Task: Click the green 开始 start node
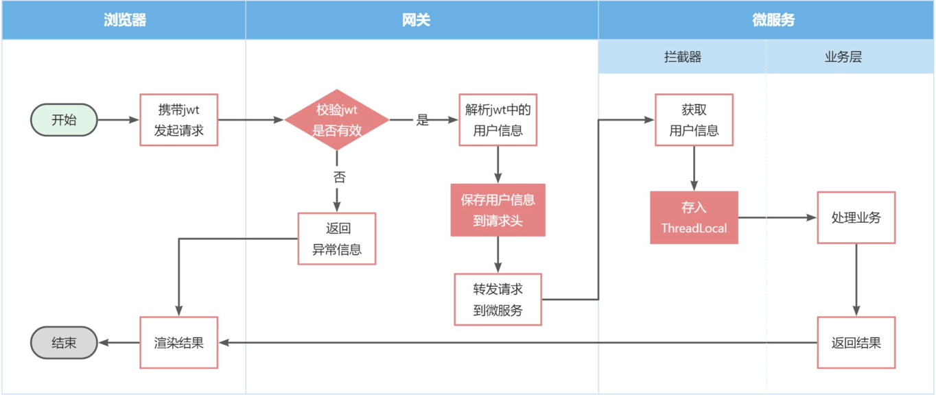tap(64, 120)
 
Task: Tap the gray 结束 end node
tap(64, 342)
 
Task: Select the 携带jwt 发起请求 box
tap(178, 120)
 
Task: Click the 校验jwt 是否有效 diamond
tap(336, 120)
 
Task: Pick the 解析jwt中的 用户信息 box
tap(498, 120)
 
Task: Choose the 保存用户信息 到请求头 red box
tap(498, 210)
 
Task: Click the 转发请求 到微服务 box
tap(498, 300)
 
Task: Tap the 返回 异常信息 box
tap(337, 239)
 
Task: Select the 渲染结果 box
tap(178, 342)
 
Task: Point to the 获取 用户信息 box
tap(694, 120)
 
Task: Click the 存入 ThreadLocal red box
tap(694, 217)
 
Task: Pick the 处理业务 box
tap(856, 217)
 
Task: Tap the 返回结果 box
tap(856, 342)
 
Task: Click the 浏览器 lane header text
tap(124, 20)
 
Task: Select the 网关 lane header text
tap(416, 20)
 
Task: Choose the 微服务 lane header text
tap(773, 20)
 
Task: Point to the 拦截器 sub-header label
tap(682, 57)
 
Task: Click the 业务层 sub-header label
tap(843, 57)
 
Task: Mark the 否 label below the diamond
tap(339, 178)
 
